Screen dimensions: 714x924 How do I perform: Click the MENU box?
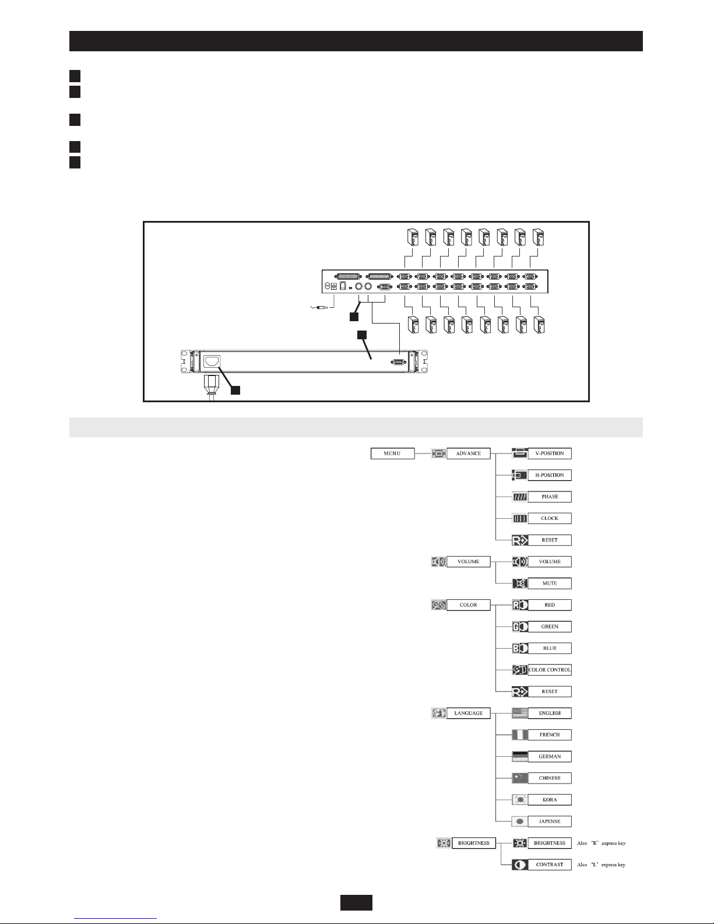(392, 454)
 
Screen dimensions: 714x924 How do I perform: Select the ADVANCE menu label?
(469, 454)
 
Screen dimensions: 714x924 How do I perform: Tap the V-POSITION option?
(550, 454)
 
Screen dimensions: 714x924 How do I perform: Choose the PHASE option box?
(550, 497)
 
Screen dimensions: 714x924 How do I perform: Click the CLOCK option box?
(550, 518)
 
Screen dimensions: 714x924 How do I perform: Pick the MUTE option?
(550, 584)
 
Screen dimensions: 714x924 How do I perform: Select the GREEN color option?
(550, 626)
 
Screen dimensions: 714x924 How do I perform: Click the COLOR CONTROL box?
(550, 670)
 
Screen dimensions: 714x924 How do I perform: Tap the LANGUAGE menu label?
(469, 713)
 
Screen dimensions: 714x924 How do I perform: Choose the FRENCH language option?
(550, 735)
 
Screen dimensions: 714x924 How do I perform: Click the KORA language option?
(550, 800)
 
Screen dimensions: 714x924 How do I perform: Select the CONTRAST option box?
(550, 865)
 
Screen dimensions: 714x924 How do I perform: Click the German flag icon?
(520, 757)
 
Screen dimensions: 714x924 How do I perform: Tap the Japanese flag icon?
(520, 821)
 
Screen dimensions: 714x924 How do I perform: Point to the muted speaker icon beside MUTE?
(520, 584)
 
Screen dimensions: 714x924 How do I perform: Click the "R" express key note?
(601, 843)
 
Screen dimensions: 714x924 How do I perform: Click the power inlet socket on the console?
(212, 362)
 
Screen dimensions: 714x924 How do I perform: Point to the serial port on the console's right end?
(398, 362)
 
